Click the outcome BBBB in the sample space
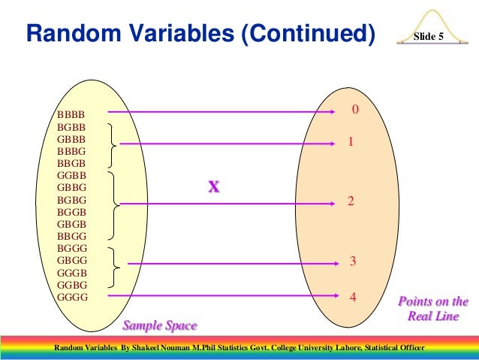pos(71,115)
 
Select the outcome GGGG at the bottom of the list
pos(71,297)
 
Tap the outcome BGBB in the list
pos(71,127)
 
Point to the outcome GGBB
pos(71,175)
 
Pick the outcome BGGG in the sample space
pos(71,248)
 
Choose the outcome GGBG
pos(71,285)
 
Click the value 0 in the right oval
pos(355,110)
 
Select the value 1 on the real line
pos(351,141)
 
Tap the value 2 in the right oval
pos(351,201)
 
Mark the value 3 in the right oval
pos(352,262)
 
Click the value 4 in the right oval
pos(352,297)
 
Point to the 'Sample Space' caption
pos(160,325)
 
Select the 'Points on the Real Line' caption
pos(432,309)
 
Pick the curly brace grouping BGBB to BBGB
pos(113,145)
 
